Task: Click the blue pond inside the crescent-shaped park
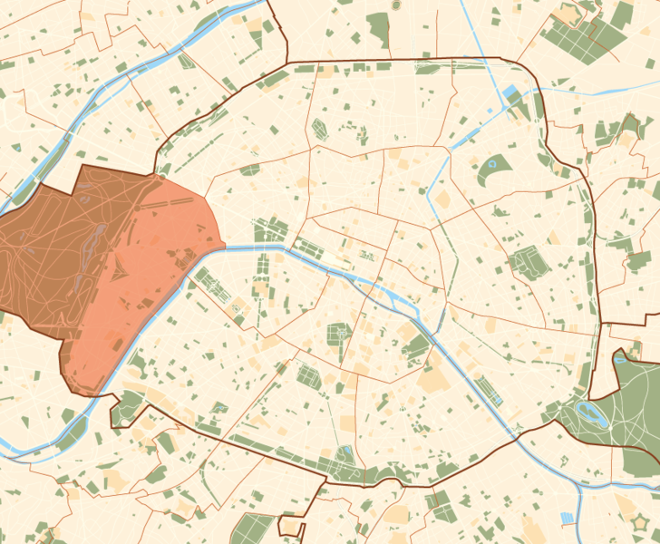point(492,164)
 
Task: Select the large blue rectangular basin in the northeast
point(510,92)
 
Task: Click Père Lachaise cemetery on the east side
point(526,263)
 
